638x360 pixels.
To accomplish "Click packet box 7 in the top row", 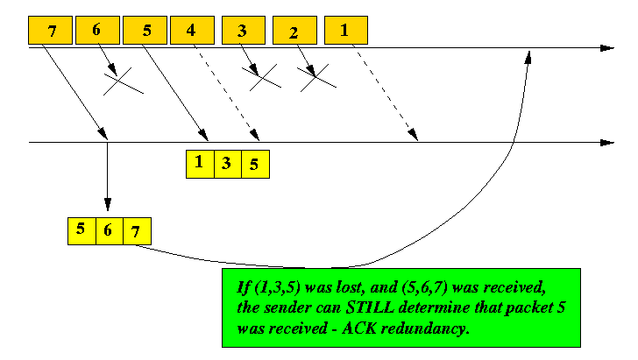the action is [51, 30].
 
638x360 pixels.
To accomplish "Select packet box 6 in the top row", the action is [97, 30].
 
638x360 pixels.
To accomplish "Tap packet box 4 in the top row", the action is [193, 30].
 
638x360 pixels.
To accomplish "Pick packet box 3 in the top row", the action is [244, 30].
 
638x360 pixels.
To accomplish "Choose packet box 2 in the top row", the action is [294, 30].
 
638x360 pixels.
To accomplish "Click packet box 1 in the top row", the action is [346, 30].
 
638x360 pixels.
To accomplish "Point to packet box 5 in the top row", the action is [145, 30].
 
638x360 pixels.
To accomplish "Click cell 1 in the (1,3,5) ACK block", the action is [200, 164].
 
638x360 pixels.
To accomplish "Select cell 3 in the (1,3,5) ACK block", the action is [228, 164].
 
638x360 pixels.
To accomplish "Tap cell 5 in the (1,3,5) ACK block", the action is [256, 164].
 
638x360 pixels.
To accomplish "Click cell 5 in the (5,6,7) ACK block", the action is [82, 231].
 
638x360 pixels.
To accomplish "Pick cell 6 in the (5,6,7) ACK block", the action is [110, 231].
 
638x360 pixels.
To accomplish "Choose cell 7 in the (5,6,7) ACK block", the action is [137, 231].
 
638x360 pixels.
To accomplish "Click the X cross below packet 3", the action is [262, 77].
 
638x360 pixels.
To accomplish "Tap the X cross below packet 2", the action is [316, 78].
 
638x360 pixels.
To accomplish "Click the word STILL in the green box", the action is [370, 307].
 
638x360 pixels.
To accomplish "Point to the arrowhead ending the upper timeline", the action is [607, 48].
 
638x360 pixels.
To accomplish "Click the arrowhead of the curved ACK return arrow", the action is [528, 57].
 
